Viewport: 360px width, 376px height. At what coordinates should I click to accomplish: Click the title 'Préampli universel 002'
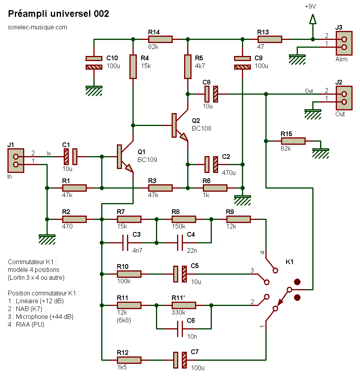(59, 14)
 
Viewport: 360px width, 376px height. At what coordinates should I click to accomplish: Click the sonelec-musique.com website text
(38, 27)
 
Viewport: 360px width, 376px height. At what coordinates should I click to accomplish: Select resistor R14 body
(160, 39)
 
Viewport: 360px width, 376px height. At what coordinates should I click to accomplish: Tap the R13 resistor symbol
(269, 39)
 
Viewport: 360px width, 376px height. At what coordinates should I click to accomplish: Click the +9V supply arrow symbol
(312, 19)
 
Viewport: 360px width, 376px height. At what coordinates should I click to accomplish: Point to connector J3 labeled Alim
(342, 43)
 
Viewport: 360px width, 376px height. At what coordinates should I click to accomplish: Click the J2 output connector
(342, 98)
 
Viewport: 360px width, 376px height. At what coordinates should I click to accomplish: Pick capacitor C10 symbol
(94, 63)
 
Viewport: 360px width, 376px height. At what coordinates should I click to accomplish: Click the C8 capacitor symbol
(211, 94)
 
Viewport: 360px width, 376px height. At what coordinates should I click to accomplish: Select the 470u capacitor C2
(211, 164)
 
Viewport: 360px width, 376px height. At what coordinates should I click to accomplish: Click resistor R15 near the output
(293, 141)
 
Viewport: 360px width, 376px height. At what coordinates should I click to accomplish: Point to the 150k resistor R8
(183, 219)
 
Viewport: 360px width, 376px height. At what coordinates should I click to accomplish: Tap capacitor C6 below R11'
(183, 329)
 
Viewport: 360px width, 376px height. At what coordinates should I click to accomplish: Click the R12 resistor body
(129, 360)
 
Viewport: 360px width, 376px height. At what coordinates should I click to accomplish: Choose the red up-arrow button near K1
(297, 282)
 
